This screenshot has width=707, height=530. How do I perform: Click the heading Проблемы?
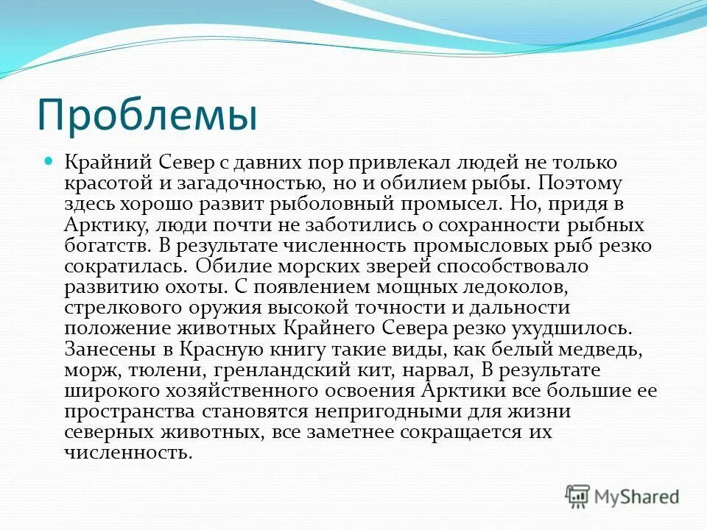pos(147,114)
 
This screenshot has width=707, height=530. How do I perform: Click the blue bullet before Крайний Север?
pos(51,160)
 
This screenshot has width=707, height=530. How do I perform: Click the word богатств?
pos(104,244)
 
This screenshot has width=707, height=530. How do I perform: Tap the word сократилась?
pos(118,264)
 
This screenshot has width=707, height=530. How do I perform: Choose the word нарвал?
pos(430,367)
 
